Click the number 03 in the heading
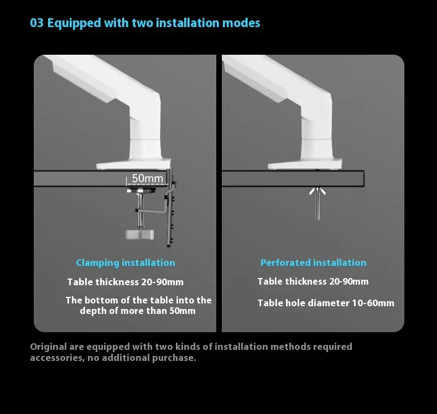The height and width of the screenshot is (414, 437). (37, 23)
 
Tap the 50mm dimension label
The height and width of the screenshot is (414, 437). (148, 179)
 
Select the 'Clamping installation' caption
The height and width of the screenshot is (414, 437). (126, 263)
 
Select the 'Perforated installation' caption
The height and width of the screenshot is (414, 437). (313, 263)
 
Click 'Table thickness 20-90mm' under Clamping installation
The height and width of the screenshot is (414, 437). (126, 282)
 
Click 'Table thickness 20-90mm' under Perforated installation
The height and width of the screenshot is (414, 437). (313, 281)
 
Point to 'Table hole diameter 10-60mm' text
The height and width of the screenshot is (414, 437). (326, 303)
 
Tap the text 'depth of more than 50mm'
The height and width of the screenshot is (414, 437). (138, 311)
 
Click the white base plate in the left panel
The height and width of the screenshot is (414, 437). (133, 165)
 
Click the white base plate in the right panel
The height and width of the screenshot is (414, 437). (304, 165)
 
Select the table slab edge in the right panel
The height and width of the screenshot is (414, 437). (293, 179)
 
